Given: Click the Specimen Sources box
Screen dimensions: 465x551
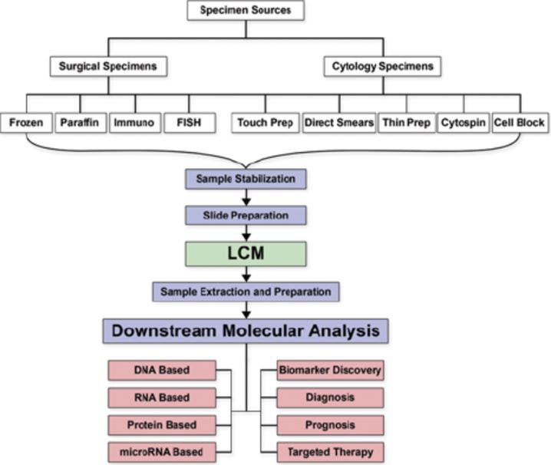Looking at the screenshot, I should coord(246,11).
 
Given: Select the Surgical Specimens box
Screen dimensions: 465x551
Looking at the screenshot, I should coord(107,66).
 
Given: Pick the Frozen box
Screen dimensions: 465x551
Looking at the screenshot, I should coord(27,123).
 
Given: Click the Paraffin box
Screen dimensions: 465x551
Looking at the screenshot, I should coord(80,123).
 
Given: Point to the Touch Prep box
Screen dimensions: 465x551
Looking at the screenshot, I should coord(265,123).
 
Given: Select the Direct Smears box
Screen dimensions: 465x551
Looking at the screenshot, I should coord(338,123).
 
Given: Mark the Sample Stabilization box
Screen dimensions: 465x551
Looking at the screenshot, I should coord(246,179).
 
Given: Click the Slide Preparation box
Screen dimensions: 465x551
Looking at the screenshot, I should coord(246,214).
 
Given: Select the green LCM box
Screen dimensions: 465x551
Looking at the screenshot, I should coord(246,252).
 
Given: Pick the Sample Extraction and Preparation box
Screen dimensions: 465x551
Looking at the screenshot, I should coord(246,292).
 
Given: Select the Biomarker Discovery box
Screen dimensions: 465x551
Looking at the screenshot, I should coord(330,371).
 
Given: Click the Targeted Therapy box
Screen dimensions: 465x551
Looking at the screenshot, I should coord(330,452).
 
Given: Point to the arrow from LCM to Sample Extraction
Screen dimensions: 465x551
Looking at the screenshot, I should coord(246,272).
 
